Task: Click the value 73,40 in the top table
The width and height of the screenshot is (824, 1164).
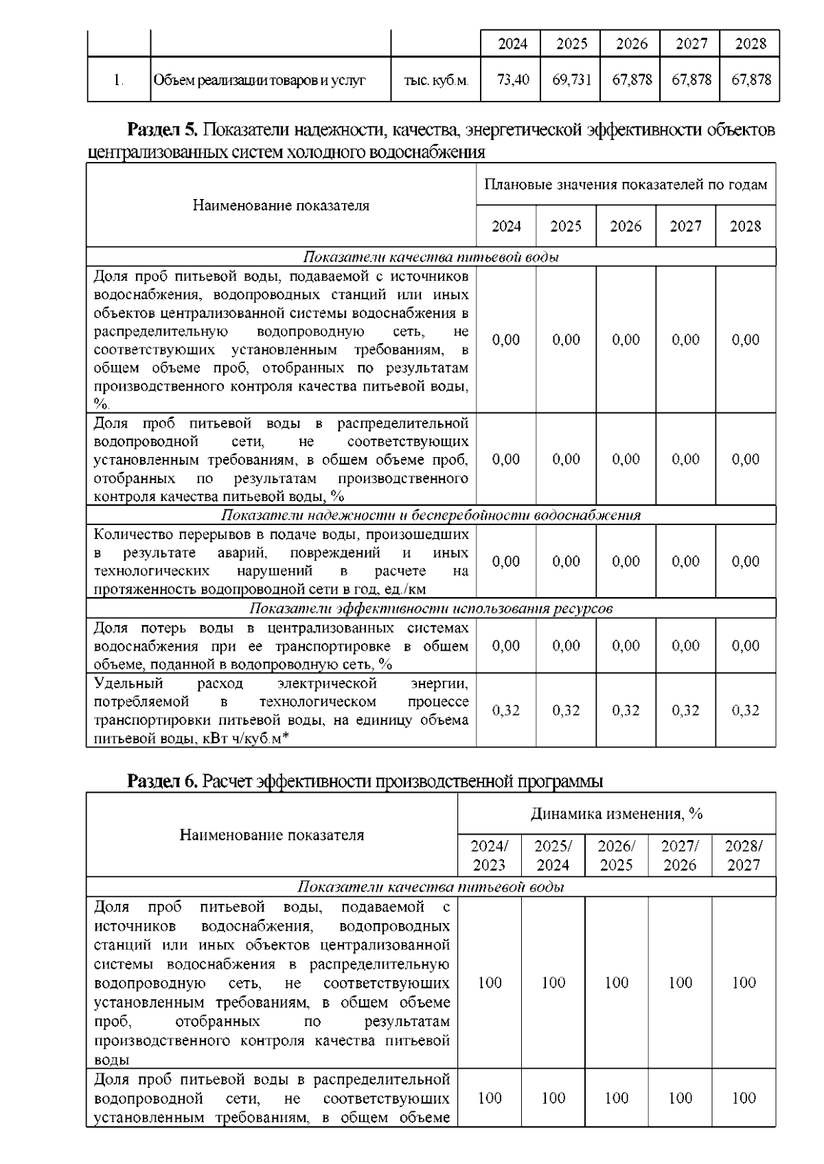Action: (512, 80)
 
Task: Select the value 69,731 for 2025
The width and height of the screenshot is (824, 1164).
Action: (571, 80)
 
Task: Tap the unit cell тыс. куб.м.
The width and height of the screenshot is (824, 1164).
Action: (436, 80)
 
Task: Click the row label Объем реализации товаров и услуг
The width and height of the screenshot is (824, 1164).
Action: (260, 80)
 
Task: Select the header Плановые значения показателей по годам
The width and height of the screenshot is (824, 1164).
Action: (626, 185)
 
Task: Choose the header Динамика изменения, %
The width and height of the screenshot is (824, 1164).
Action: (616, 814)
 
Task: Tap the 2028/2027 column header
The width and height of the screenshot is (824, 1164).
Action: (744, 855)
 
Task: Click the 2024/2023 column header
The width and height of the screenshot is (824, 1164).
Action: (489, 855)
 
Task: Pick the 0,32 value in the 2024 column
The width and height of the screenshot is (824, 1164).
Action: (506, 710)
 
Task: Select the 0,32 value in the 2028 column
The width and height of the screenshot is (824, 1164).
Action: (745, 710)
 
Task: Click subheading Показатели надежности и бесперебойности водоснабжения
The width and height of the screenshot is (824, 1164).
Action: (431, 515)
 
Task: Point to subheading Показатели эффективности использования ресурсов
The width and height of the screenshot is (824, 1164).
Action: (431, 609)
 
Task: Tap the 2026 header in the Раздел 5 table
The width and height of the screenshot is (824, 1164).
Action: (626, 226)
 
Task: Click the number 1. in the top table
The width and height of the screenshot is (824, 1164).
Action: (119, 80)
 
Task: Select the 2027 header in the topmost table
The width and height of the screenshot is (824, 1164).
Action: (691, 44)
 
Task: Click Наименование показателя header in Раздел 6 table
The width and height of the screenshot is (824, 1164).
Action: (272, 835)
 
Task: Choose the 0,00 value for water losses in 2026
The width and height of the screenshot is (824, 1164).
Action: (626, 646)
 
